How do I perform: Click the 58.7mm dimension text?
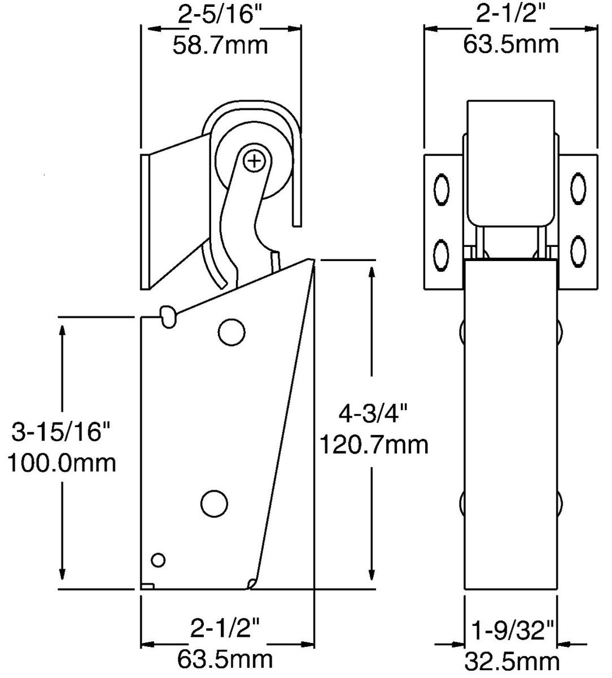[x=220, y=44]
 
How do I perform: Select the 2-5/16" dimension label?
[x=220, y=15]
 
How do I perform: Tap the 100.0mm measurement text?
[x=62, y=463]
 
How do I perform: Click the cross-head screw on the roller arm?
[x=255, y=161]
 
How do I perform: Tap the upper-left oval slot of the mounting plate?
[x=441, y=187]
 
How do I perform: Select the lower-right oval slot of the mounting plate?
[x=578, y=249]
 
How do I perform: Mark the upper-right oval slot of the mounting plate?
[x=578, y=187]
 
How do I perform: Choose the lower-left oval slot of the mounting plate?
[x=441, y=249]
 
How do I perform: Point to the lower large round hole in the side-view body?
[x=215, y=502]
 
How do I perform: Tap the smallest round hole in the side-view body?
[x=159, y=560]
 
